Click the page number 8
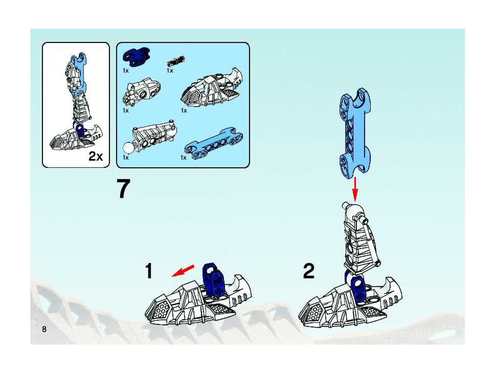coord(44,329)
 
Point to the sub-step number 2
coord(309,272)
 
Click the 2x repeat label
coord(96,156)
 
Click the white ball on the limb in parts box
coord(128,148)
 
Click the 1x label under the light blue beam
coord(183,158)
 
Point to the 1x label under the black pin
coord(170,70)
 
